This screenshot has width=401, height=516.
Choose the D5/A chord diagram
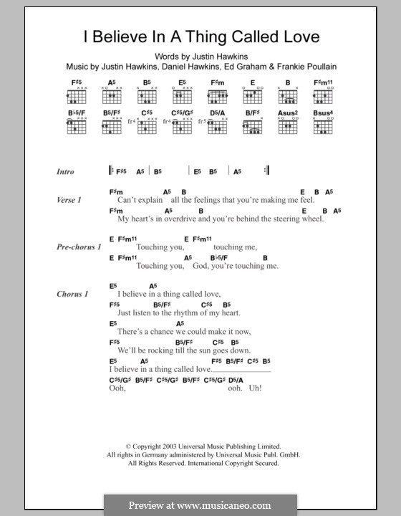219,128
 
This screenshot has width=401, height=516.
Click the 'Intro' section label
66,172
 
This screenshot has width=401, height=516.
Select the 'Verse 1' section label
69,201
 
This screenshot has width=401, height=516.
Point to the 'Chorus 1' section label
72,294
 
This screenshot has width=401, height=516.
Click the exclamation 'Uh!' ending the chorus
255,388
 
